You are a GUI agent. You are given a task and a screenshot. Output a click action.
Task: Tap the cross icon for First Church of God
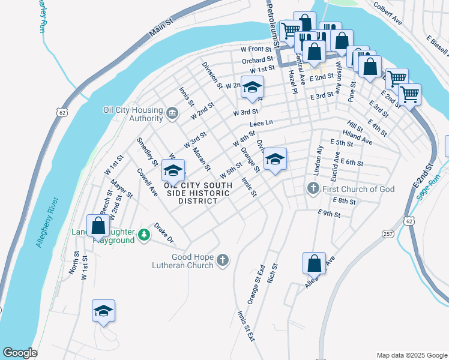click(313, 189)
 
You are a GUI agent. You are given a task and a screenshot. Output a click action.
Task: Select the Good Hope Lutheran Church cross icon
click(222, 260)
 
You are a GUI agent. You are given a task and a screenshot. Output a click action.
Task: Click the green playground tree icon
click(143, 235)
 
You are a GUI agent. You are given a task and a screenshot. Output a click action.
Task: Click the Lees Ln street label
click(261, 123)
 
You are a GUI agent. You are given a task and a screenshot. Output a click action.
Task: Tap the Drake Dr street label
click(163, 233)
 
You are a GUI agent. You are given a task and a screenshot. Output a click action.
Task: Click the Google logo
click(20, 353)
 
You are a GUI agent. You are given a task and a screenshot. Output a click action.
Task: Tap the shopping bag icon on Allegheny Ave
click(314, 263)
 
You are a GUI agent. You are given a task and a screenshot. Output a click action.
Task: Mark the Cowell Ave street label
click(146, 182)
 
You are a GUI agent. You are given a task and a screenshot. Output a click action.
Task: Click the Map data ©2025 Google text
click(411, 355)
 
